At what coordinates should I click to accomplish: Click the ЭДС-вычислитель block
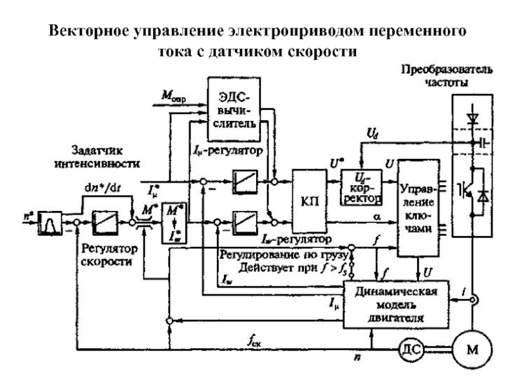[232, 109]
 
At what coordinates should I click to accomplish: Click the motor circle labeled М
[473, 349]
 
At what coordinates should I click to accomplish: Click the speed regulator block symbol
[106, 222]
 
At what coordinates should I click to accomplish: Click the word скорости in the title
[319, 51]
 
